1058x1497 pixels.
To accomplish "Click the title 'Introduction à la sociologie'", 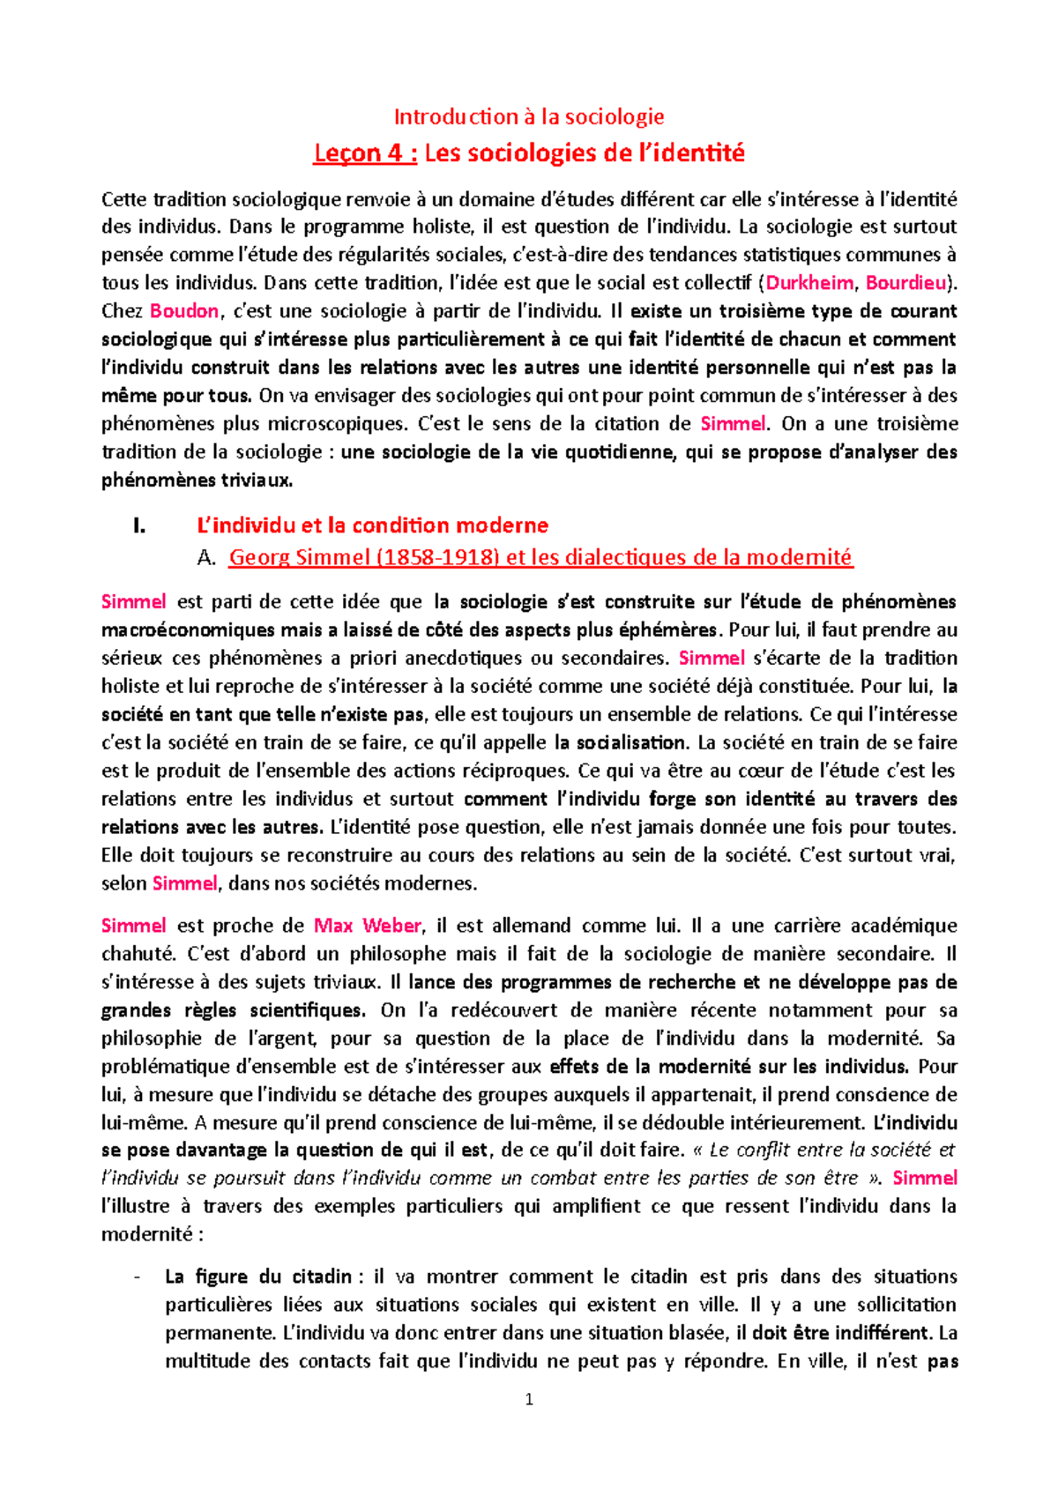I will point(529,116).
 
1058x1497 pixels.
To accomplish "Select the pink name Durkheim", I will point(809,283).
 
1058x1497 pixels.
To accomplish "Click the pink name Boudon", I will point(184,311).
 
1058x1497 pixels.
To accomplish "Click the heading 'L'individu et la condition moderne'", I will point(372,526).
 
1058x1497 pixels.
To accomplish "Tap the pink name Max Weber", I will point(368,926).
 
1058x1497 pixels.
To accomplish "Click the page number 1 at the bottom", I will point(529,1400).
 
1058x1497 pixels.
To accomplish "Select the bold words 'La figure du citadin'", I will point(258,1277).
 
